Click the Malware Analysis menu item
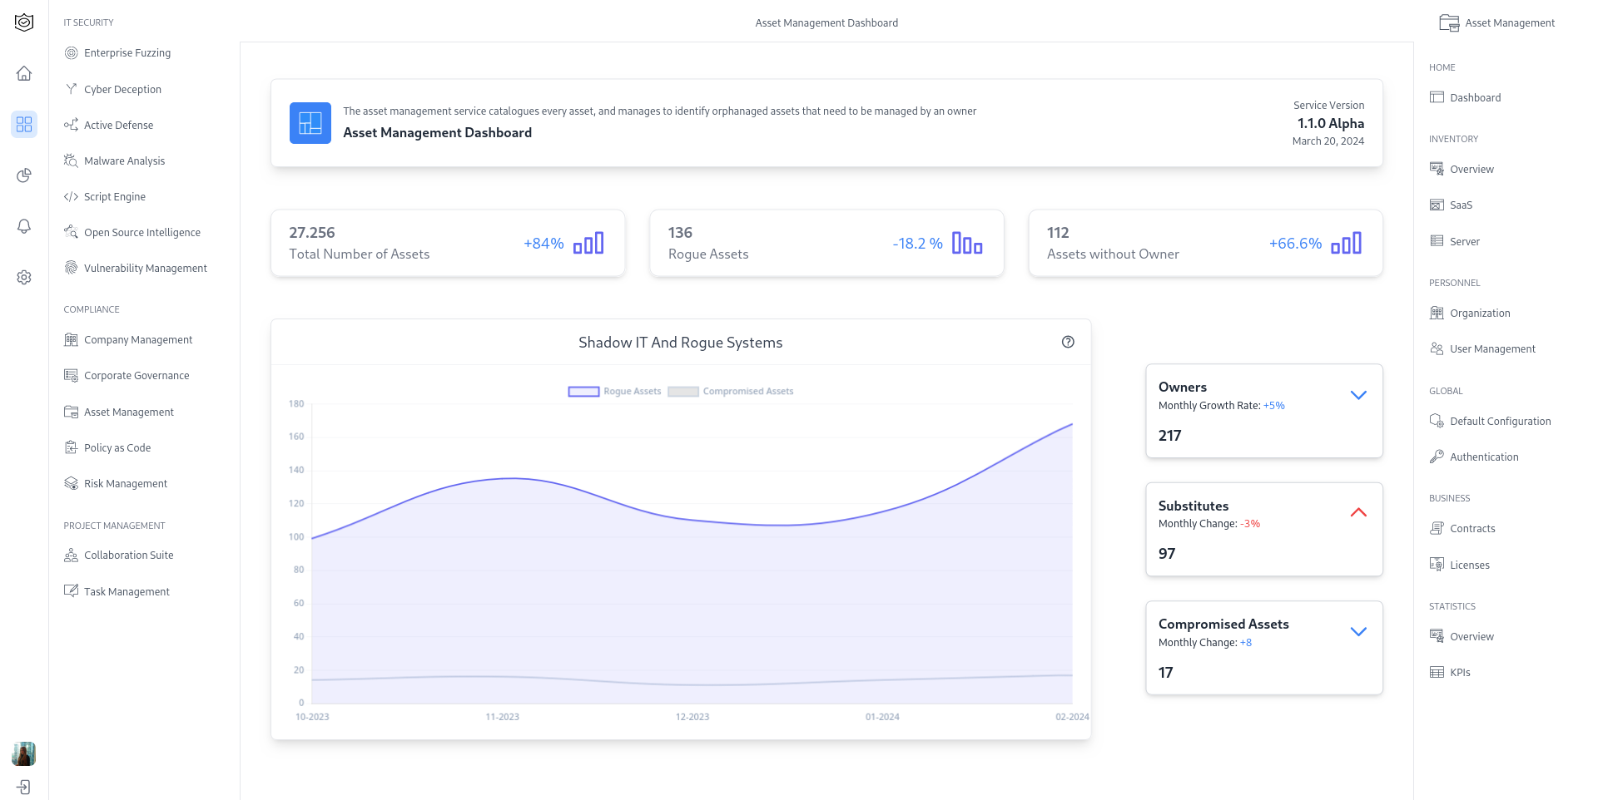click(124, 161)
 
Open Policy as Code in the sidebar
click(117, 448)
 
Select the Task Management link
click(126, 592)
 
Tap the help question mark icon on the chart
click(1068, 342)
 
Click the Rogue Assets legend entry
click(614, 392)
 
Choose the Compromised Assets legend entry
click(731, 392)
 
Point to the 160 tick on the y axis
click(296, 437)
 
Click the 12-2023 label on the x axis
click(692, 717)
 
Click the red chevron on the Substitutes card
click(1358, 513)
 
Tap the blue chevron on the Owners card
click(1358, 395)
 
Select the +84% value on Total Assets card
click(543, 244)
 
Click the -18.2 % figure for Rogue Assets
click(917, 244)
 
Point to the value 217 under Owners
click(1169, 436)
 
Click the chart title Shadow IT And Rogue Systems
click(680, 343)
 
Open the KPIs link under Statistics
click(1460, 673)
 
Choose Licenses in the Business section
click(1469, 565)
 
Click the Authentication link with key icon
click(1483, 457)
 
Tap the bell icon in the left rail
click(24, 226)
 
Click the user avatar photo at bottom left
click(24, 753)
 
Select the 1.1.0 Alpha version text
click(1330, 123)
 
